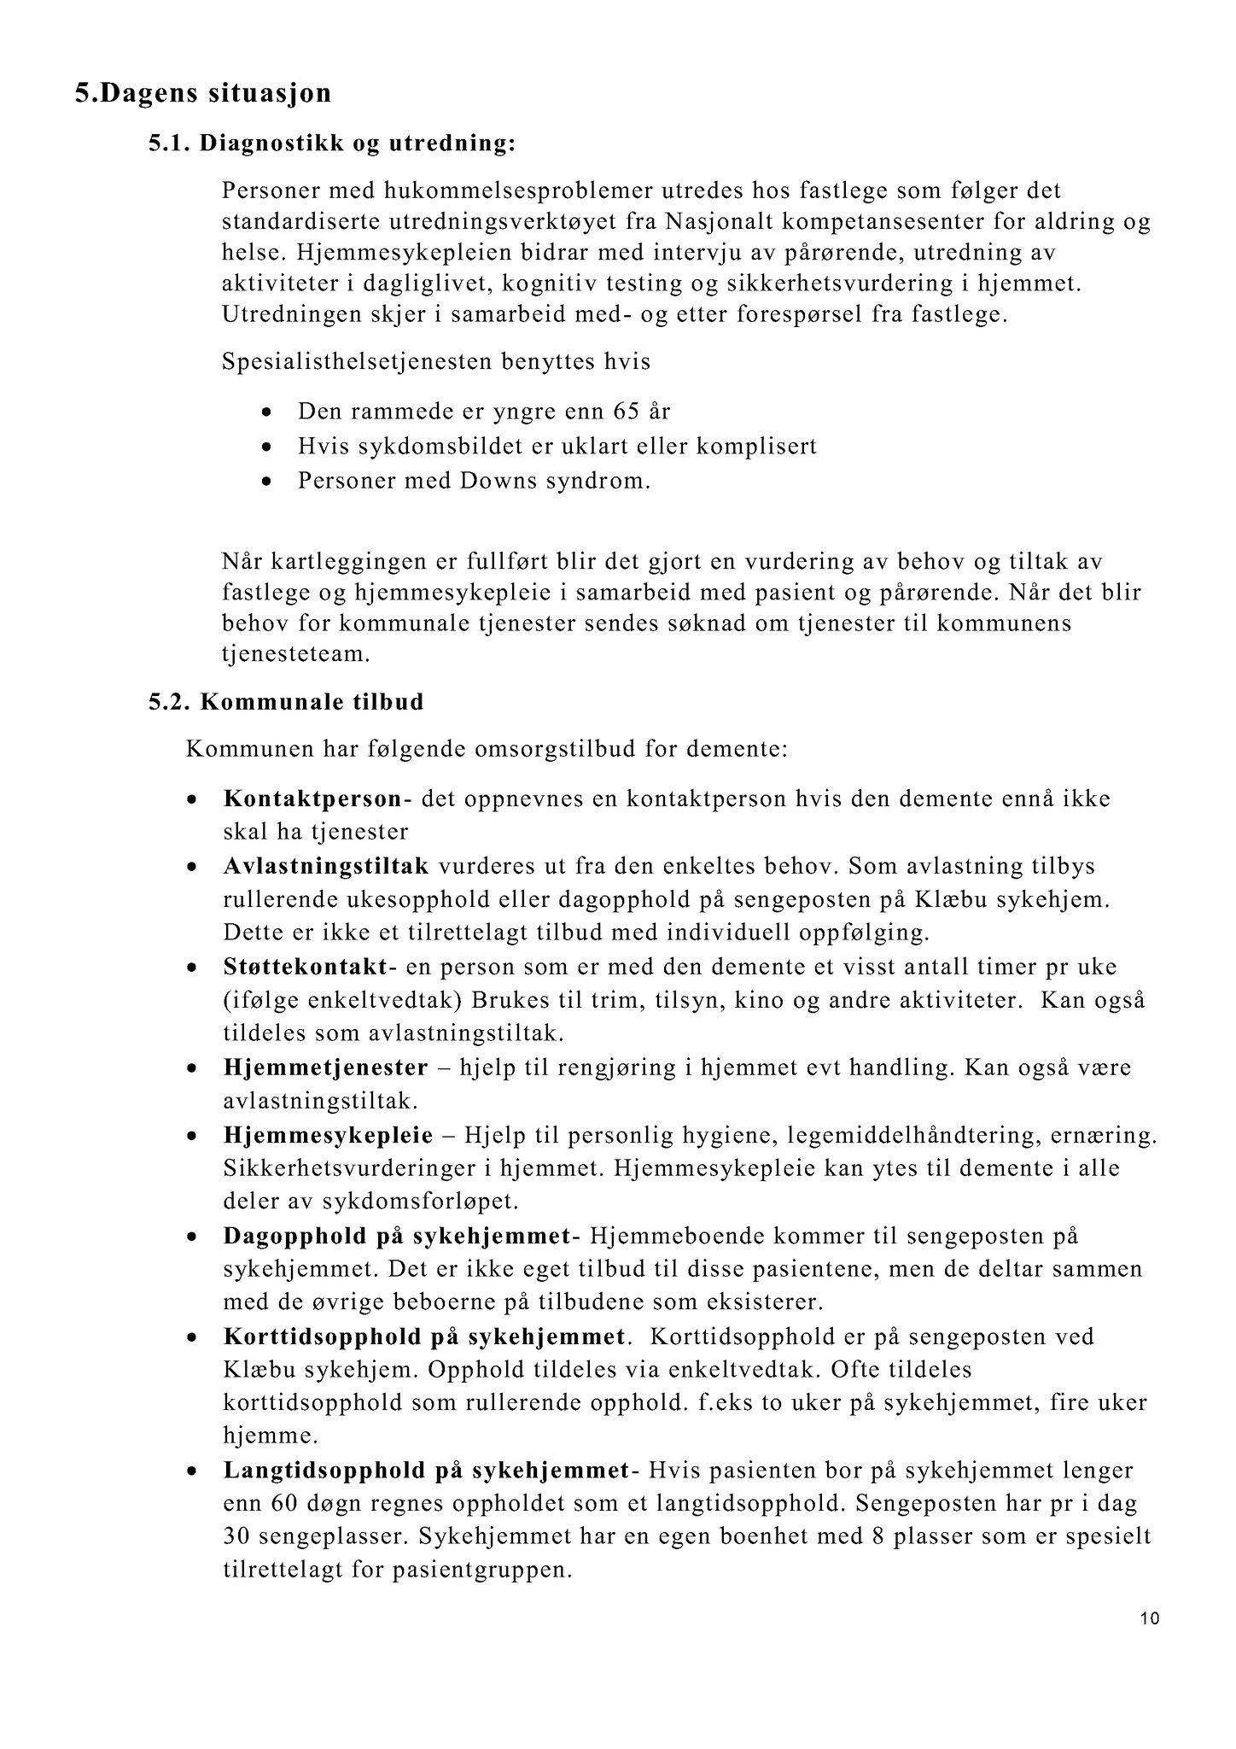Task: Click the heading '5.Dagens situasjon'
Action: point(203,92)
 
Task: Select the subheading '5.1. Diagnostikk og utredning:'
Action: point(332,143)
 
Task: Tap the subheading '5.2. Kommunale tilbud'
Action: point(286,703)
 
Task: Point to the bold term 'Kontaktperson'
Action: point(312,799)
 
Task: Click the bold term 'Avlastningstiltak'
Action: point(326,866)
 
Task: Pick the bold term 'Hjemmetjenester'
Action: point(325,1068)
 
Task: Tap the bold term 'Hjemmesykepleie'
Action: point(328,1136)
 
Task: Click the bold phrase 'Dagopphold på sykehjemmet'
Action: point(397,1237)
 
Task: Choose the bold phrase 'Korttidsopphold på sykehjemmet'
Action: point(425,1337)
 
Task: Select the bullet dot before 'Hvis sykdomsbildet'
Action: point(268,447)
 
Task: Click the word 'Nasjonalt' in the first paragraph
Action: point(717,222)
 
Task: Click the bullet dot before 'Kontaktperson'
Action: point(194,800)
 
